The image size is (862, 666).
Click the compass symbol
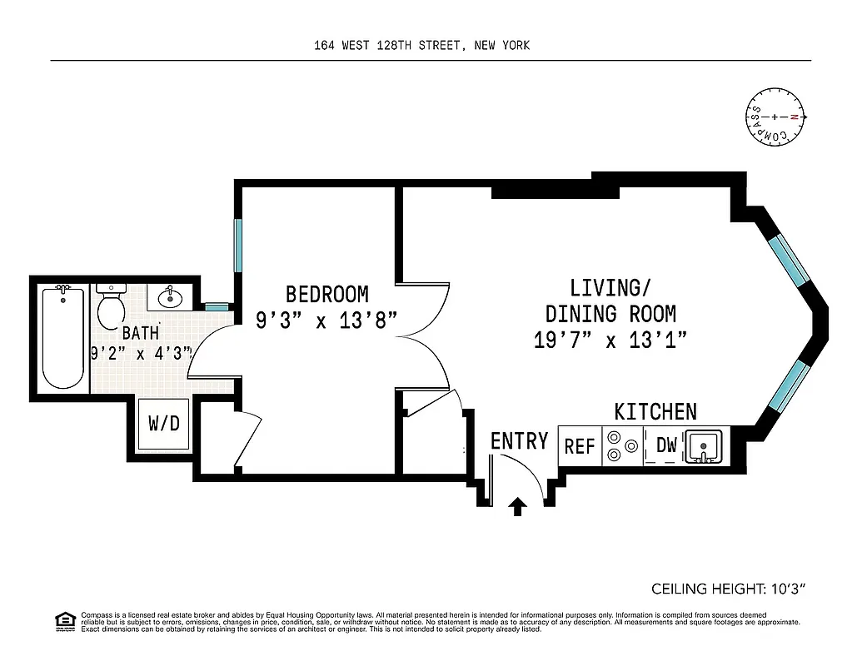[775, 117]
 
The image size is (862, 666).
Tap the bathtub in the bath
[63, 337]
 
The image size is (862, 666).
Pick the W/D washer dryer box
[164, 424]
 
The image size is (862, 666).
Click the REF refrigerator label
[580, 446]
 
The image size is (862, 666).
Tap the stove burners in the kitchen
[623, 445]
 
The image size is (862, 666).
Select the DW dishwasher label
[666, 445]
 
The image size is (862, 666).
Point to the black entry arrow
[518, 505]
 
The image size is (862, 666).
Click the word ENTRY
[519, 440]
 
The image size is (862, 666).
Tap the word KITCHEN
[655, 411]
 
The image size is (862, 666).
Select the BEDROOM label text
[326, 294]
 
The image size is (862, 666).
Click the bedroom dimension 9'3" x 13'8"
[326, 319]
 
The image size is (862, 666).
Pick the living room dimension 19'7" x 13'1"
[610, 340]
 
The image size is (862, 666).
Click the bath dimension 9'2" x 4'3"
[142, 352]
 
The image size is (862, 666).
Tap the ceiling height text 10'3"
[728, 589]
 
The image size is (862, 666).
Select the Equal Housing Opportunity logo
[63, 620]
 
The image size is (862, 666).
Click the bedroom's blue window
[238, 244]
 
